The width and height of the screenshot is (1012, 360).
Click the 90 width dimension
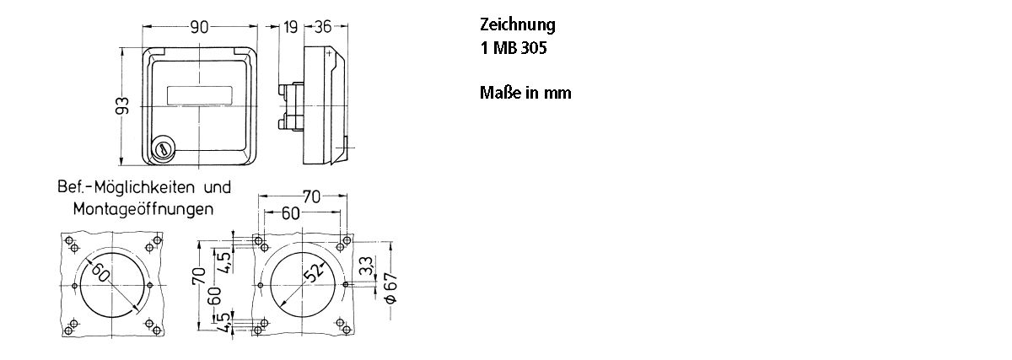[199, 27]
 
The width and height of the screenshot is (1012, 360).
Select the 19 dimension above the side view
[291, 27]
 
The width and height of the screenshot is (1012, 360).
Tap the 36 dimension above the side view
[322, 27]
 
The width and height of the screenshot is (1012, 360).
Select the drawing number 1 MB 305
[513, 48]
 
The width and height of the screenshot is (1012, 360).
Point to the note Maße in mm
[525, 93]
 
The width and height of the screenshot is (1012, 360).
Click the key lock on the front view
[162, 149]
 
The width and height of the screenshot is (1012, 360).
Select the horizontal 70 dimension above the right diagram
[311, 197]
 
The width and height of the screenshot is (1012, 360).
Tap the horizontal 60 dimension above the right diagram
[290, 213]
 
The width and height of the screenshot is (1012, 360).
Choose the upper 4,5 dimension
[224, 258]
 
